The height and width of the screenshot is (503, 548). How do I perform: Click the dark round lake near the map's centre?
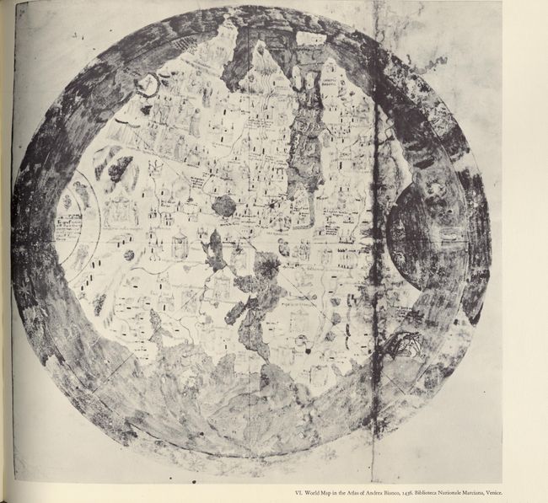[x=225, y=206]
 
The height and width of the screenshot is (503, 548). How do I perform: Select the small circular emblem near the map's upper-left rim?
[x=148, y=84]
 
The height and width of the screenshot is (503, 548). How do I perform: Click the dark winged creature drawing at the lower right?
[x=407, y=344]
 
